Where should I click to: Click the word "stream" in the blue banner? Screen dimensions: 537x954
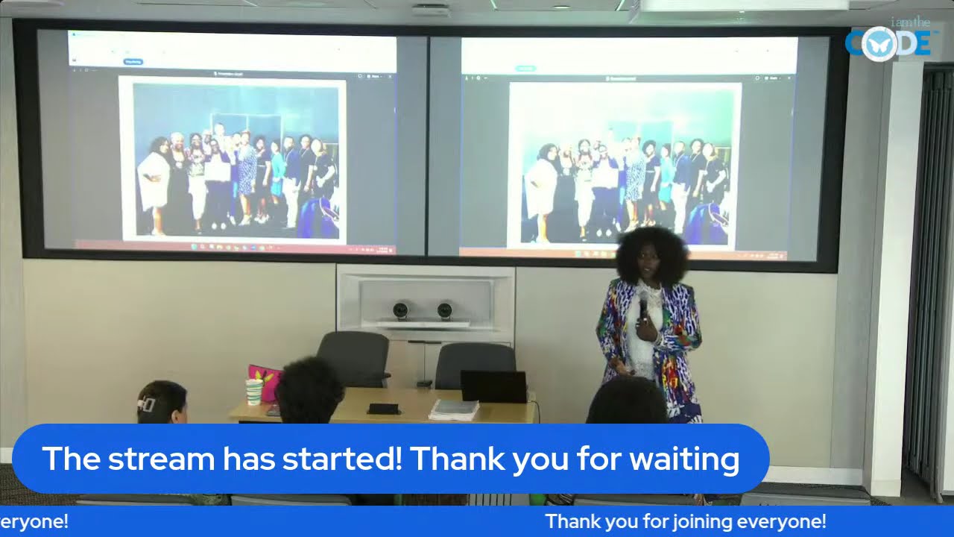point(163,459)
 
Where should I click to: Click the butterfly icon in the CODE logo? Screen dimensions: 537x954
point(879,43)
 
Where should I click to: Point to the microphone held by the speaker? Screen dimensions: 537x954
point(643,306)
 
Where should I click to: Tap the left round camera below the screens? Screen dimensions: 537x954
point(401,310)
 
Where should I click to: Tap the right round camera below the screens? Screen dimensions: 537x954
point(445,310)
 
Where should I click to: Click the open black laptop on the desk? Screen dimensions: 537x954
point(493,386)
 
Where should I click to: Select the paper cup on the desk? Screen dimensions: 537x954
point(254,392)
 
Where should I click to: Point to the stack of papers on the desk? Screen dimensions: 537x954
point(454,409)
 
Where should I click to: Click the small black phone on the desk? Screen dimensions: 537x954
point(383,409)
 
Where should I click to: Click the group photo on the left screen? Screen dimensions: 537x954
point(233,158)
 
